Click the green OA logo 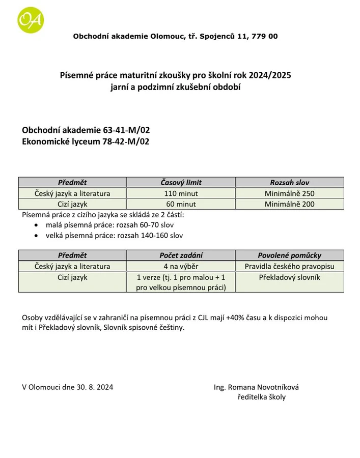(x=31, y=20)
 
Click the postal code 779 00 (x=264, y=36)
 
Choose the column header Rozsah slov (x=289, y=182)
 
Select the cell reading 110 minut (x=181, y=193)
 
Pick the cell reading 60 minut (x=181, y=204)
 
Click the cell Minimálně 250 (x=289, y=193)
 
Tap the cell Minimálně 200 (x=289, y=204)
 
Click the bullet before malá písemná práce (x=35, y=225)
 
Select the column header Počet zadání (x=181, y=255)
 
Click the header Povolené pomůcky (x=289, y=255)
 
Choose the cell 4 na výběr (x=181, y=266)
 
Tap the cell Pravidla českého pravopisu (x=289, y=266)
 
